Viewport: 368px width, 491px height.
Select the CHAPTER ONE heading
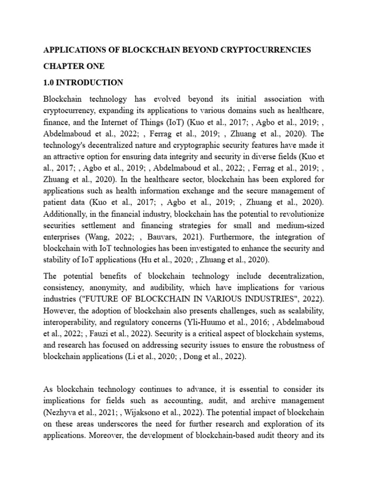pos(73,66)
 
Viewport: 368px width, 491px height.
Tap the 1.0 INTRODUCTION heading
pos(83,82)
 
